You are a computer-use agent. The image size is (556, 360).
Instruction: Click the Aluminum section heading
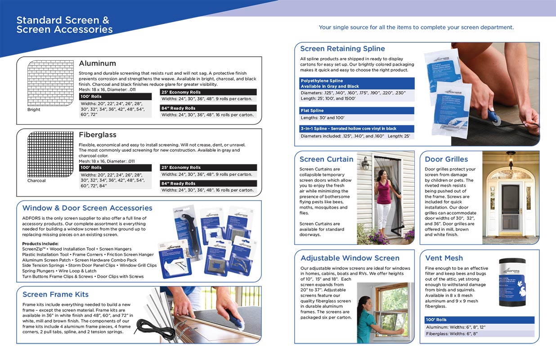(x=97, y=63)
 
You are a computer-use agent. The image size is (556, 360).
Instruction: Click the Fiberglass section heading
(x=97, y=135)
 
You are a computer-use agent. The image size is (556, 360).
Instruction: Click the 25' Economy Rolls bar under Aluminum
(x=208, y=92)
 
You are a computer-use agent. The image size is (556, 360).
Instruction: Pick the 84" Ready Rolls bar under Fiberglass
(x=208, y=183)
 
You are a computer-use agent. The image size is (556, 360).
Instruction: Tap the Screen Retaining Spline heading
(x=342, y=49)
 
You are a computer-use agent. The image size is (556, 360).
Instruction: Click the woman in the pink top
(x=384, y=198)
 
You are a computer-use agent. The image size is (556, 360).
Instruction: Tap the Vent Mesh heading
(x=444, y=258)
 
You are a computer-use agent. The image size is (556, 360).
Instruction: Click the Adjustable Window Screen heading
(x=350, y=258)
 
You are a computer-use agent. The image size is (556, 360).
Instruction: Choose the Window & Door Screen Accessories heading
(x=87, y=208)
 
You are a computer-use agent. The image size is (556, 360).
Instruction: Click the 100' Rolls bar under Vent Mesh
(x=479, y=320)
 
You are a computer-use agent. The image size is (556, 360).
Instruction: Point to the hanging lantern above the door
(x=511, y=160)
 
